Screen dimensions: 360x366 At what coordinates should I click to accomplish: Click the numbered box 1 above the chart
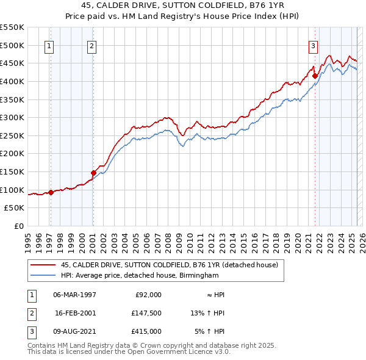pyautogui.click(x=48, y=45)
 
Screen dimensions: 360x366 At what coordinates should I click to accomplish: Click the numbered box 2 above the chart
pyautogui.click(x=91, y=45)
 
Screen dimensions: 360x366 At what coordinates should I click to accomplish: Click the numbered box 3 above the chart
pyautogui.click(x=313, y=45)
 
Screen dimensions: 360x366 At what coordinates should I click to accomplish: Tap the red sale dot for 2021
pyautogui.click(x=315, y=76)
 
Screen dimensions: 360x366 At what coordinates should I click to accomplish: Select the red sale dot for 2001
pyautogui.click(x=94, y=173)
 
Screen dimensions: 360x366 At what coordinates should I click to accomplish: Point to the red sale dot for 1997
pyautogui.click(x=51, y=192)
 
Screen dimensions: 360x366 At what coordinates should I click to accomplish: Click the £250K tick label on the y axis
pyautogui.click(x=13, y=135)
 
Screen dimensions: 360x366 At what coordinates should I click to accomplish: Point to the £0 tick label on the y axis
pyautogui.click(x=18, y=226)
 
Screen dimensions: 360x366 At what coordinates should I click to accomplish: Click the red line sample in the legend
pyautogui.click(x=42, y=265)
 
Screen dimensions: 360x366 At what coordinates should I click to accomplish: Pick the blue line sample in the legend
pyautogui.click(x=42, y=275)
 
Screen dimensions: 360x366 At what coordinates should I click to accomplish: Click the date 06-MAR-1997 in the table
pyautogui.click(x=75, y=295)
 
